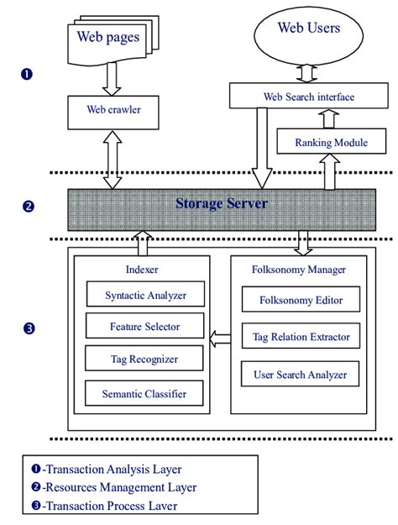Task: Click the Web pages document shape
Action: (x=108, y=39)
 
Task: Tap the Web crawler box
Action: (x=107, y=109)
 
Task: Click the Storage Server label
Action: (x=222, y=203)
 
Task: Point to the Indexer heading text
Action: (x=141, y=270)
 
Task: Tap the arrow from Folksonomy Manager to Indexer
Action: (x=220, y=339)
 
